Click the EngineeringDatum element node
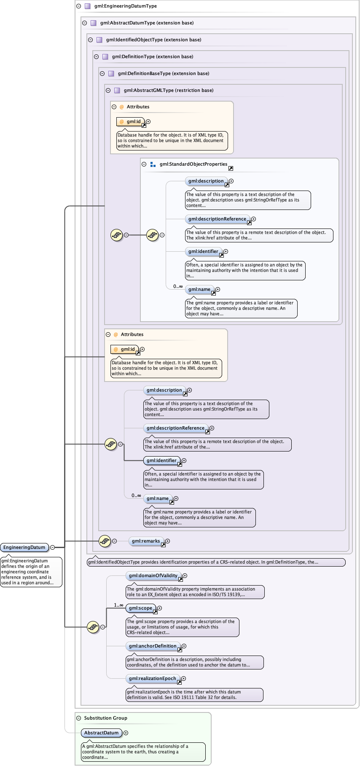24,547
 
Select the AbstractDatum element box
101,733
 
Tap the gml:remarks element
145,541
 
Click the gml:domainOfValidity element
153,575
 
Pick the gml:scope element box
140,608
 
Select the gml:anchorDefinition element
153,646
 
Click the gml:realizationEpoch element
152,678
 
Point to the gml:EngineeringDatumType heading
126,6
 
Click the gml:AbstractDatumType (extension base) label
147,23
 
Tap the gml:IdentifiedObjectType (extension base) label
153,40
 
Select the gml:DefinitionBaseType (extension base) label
163,73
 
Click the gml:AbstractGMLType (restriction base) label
168,90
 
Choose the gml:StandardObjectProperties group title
193,164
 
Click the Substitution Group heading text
105,718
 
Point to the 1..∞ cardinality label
118,605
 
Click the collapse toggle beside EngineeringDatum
52,547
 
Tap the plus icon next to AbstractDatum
126,733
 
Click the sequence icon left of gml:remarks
105,541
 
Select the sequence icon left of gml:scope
93,627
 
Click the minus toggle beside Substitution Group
78,718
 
